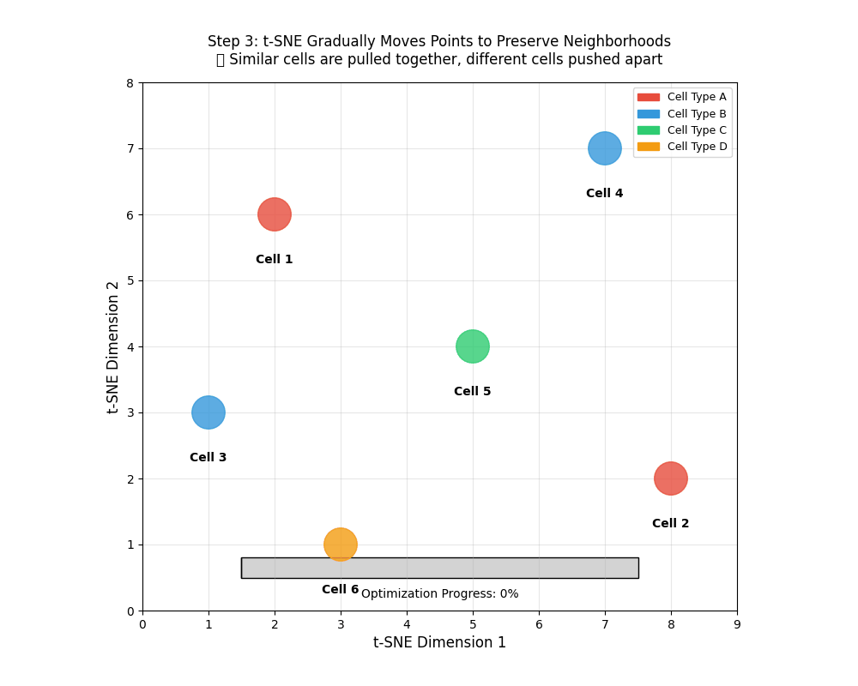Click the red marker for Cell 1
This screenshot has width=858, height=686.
(275, 214)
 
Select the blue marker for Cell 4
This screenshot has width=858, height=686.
(605, 148)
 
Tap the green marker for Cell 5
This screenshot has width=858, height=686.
(473, 346)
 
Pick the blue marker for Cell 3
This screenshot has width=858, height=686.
(208, 412)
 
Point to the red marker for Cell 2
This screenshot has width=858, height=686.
(671, 478)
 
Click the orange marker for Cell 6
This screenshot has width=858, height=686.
(341, 545)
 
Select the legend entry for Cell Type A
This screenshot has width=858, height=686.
(682, 97)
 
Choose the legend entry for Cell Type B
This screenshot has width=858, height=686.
(682, 114)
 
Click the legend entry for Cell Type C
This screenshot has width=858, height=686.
(682, 130)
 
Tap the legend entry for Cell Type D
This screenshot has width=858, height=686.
(682, 147)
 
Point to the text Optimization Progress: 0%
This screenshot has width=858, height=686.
(439, 594)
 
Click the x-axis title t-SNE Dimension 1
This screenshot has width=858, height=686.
(439, 643)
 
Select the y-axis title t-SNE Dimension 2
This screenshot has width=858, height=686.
(114, 347)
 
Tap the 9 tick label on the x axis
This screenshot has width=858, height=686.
(737, 625)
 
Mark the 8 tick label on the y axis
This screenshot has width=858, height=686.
(130, 83)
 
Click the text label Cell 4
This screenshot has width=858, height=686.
(605, 194)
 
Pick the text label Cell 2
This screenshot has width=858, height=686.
(671, 524)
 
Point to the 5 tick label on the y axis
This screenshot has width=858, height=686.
(130, 281)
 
